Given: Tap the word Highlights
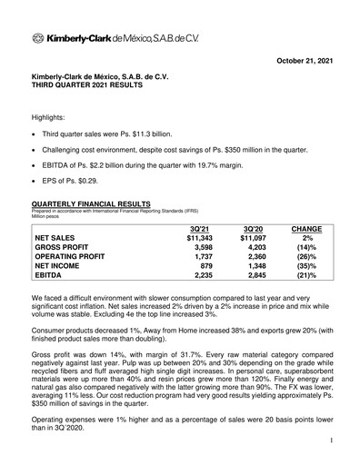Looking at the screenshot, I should pyautogui.click(x=51, y=117).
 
